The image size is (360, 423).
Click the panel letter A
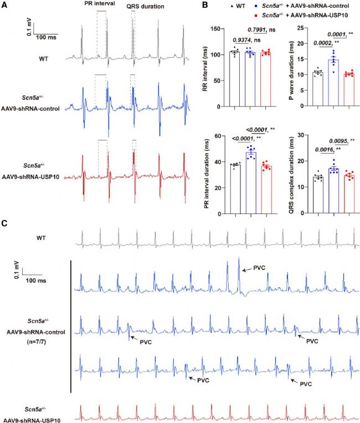click(5, 4)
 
